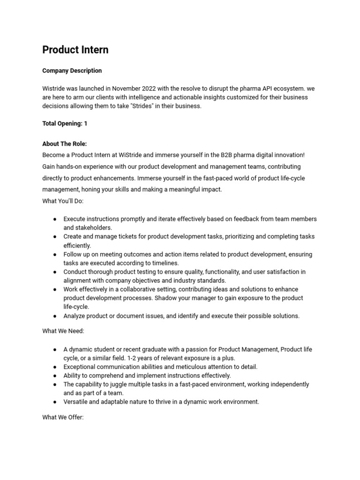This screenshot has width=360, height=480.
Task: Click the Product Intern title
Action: [75, 50]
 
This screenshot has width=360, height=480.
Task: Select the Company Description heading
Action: [72, 71]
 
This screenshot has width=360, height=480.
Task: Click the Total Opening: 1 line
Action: [65, 124]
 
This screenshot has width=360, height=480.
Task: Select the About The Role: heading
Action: [64, 144]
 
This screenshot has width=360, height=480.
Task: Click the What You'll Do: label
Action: [62, 201]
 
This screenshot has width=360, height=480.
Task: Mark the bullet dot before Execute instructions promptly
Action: [55, 219]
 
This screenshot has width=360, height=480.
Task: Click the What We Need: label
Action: [63, 331]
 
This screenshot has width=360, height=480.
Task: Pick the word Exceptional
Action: [81, 367]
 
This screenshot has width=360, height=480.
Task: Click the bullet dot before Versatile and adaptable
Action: [55, 402]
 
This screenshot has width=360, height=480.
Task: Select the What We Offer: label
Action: [63, 417]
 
